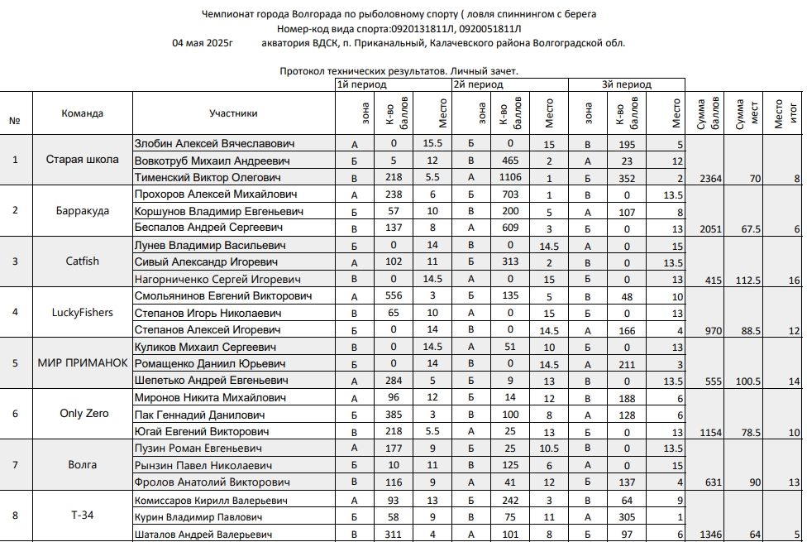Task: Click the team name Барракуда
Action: [83, 211]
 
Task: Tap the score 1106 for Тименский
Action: [511, 177]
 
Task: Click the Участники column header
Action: [233, 114]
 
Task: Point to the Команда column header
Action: [83, 114]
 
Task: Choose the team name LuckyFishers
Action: [83, 313]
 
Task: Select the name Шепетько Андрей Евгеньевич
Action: [211, 381]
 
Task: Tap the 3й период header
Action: [626, 84]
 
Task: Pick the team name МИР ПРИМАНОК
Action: [83, 363]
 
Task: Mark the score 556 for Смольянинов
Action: [394, 295]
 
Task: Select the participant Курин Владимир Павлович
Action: [198, 517]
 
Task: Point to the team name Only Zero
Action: [83, 414]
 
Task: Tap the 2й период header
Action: [478, 84]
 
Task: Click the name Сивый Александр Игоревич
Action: [207, 262]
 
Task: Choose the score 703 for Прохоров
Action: [511, 194]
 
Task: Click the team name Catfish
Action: [83, 261]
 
